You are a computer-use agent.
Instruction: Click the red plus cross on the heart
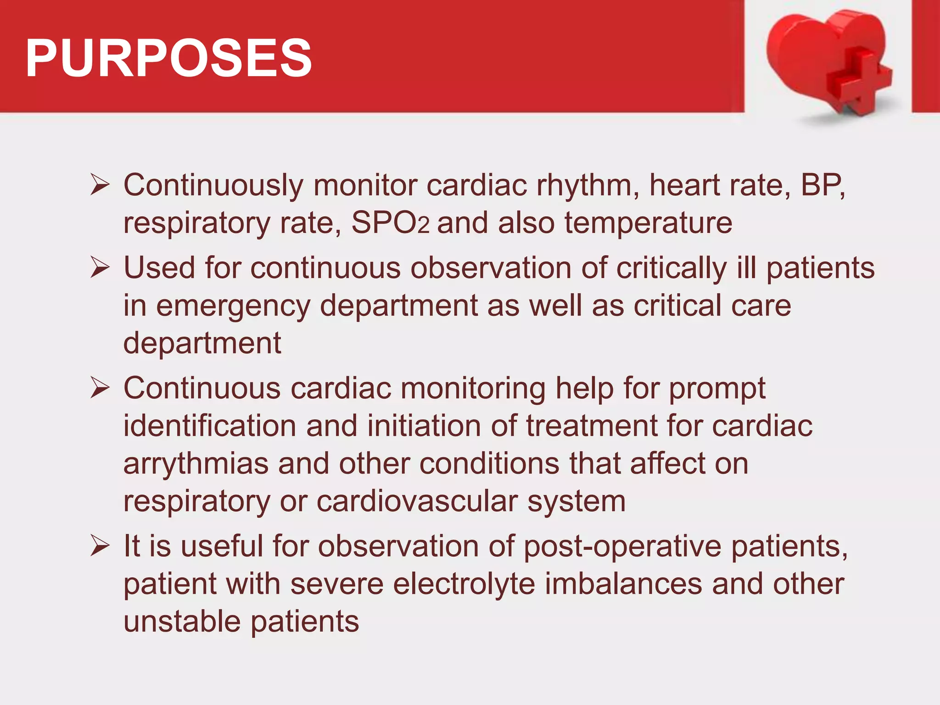click(x=858, y=83)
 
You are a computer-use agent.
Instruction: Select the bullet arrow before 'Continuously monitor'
click(x=100, y=185)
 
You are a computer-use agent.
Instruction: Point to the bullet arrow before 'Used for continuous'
click(x=100, y=268)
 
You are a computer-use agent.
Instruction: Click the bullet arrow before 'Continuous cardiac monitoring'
click(x=100, y=388)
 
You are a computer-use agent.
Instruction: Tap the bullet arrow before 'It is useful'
click(x=100, y=546)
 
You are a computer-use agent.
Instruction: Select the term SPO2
click(x=390, y=223)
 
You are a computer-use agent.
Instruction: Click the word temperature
click(x=648, y=223)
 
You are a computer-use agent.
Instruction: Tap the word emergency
click(x=233, y=306)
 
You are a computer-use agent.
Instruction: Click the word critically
click(x=671, y=268)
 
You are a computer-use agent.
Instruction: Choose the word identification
click(x=210, y=426)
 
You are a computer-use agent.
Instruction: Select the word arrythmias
click(x=196, y=464)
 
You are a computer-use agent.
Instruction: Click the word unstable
click(x=182, y=621)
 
